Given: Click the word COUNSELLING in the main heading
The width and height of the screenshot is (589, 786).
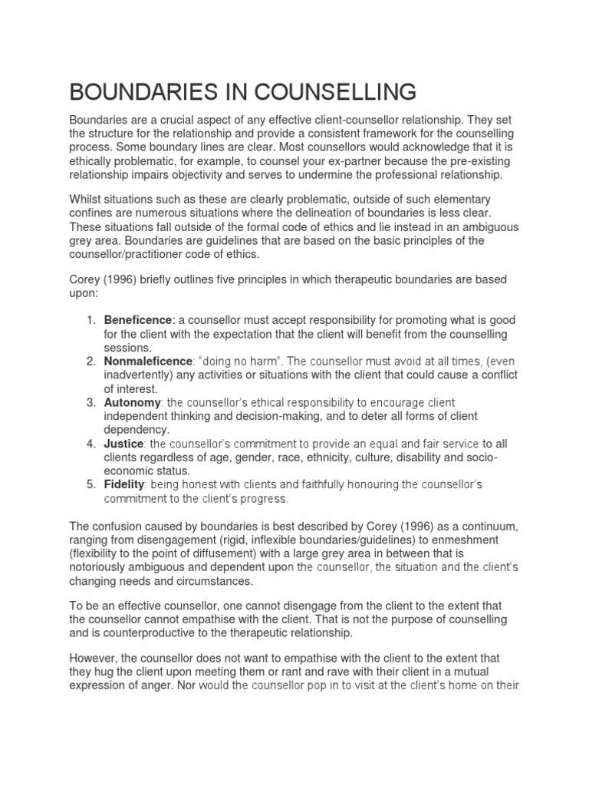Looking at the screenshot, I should click(x=328, y=92).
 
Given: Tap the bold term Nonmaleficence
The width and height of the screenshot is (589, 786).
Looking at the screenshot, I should click(x=147, y=361).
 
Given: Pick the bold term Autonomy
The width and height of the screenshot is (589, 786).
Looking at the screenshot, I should click(x=132, y=402).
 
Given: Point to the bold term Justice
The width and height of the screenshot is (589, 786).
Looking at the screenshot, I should click(x=123, y=444).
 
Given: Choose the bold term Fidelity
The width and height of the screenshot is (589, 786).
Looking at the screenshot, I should click(x=125, y=485).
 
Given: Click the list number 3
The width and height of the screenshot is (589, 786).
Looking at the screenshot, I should click(x=90, y=402).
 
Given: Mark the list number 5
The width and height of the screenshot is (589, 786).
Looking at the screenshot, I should click(x=90, y=485).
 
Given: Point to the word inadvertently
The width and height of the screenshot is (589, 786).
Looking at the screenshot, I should click(x=141, y=375).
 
